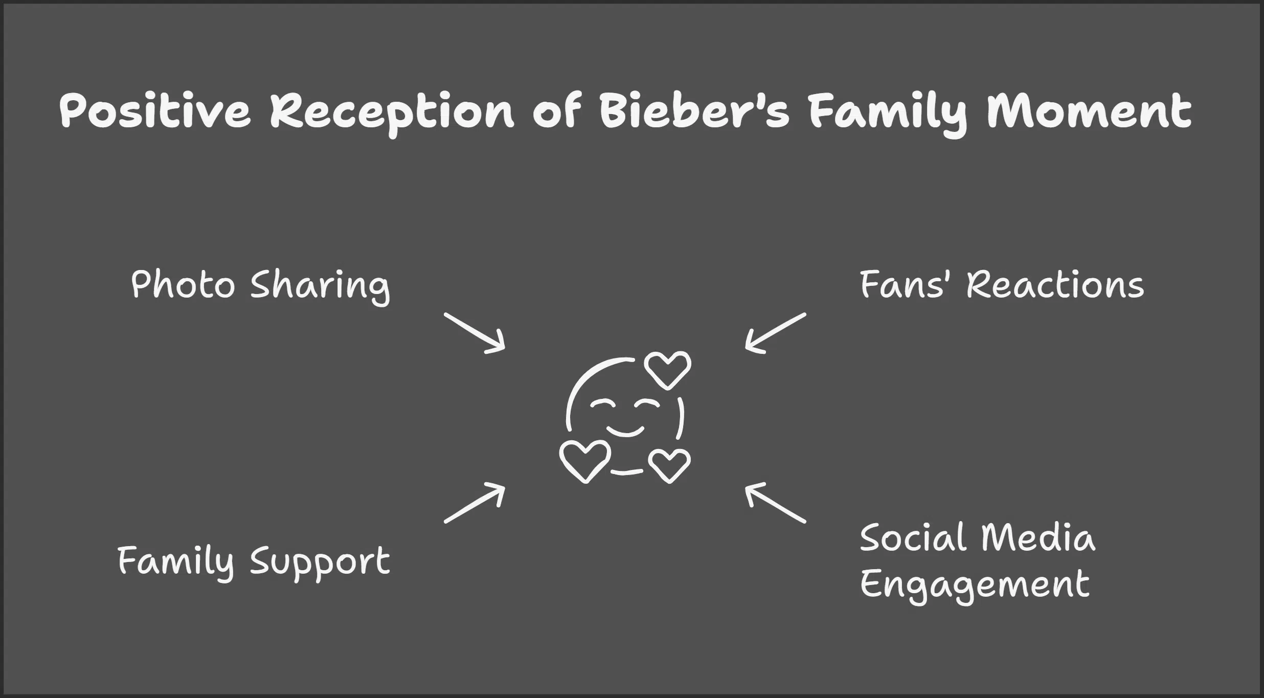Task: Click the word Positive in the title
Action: point(155,111)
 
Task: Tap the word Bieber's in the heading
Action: point(687,111)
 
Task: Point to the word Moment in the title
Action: point(1089,111)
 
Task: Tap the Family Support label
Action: point(254,561)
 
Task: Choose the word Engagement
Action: point(975,584)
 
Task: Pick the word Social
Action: point(911,538)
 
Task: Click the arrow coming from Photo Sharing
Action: point(474,333)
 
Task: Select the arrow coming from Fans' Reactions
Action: point(775,333)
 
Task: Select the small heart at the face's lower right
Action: point(669,465)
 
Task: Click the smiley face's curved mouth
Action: point(625,431)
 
